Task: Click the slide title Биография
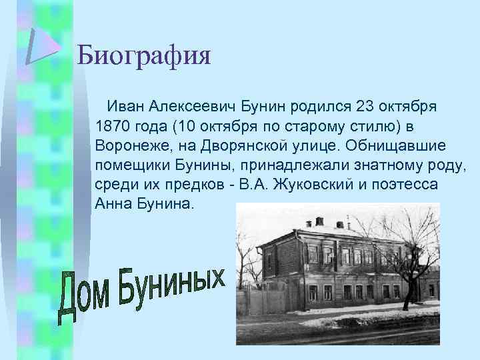[143, 55]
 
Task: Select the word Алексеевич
[199, 106]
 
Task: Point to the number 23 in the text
[369, 106]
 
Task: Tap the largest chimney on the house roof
[319, 221]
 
